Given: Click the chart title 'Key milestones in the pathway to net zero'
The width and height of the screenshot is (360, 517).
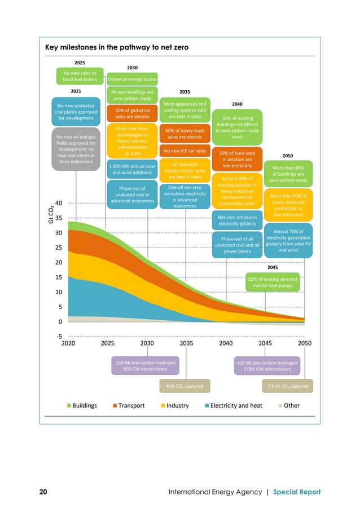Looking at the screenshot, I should coord(116,48).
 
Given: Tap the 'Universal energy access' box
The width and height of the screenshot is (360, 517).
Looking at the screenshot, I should coord(132,79).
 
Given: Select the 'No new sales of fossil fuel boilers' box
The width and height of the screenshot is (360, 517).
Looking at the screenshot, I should coord(80,76).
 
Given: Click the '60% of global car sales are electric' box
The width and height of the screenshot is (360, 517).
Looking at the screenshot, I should coord(132,113).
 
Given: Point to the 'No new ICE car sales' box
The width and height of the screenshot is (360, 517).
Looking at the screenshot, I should coord(185,151).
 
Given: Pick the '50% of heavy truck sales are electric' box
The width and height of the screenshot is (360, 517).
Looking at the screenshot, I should coord(185,133).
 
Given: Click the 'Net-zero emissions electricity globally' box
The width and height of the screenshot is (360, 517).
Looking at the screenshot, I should coord(237,220).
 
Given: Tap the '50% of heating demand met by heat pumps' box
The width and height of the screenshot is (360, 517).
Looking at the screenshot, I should coord(273,282).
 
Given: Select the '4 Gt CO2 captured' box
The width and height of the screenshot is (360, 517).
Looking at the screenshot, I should coord(186,386).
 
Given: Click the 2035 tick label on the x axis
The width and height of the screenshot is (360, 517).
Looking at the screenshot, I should coord(186,342).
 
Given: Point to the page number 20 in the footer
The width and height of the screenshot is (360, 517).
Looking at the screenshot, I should coord(43,492).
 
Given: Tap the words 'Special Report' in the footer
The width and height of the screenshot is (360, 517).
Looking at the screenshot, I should coord(297,492).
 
